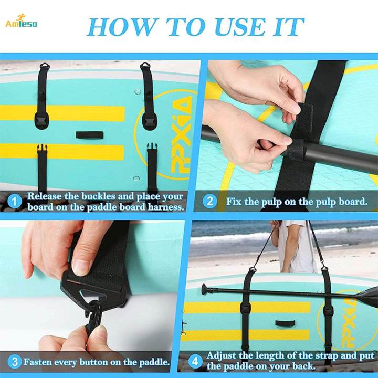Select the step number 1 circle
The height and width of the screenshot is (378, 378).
[x=15, y=201]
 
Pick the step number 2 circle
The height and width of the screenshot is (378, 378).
[x=210, y=201]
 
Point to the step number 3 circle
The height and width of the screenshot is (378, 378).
[x=15, y=361]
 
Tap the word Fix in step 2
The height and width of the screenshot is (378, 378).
[x=234, y=201]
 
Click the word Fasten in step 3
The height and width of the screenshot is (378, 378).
[x=40, y=362]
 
